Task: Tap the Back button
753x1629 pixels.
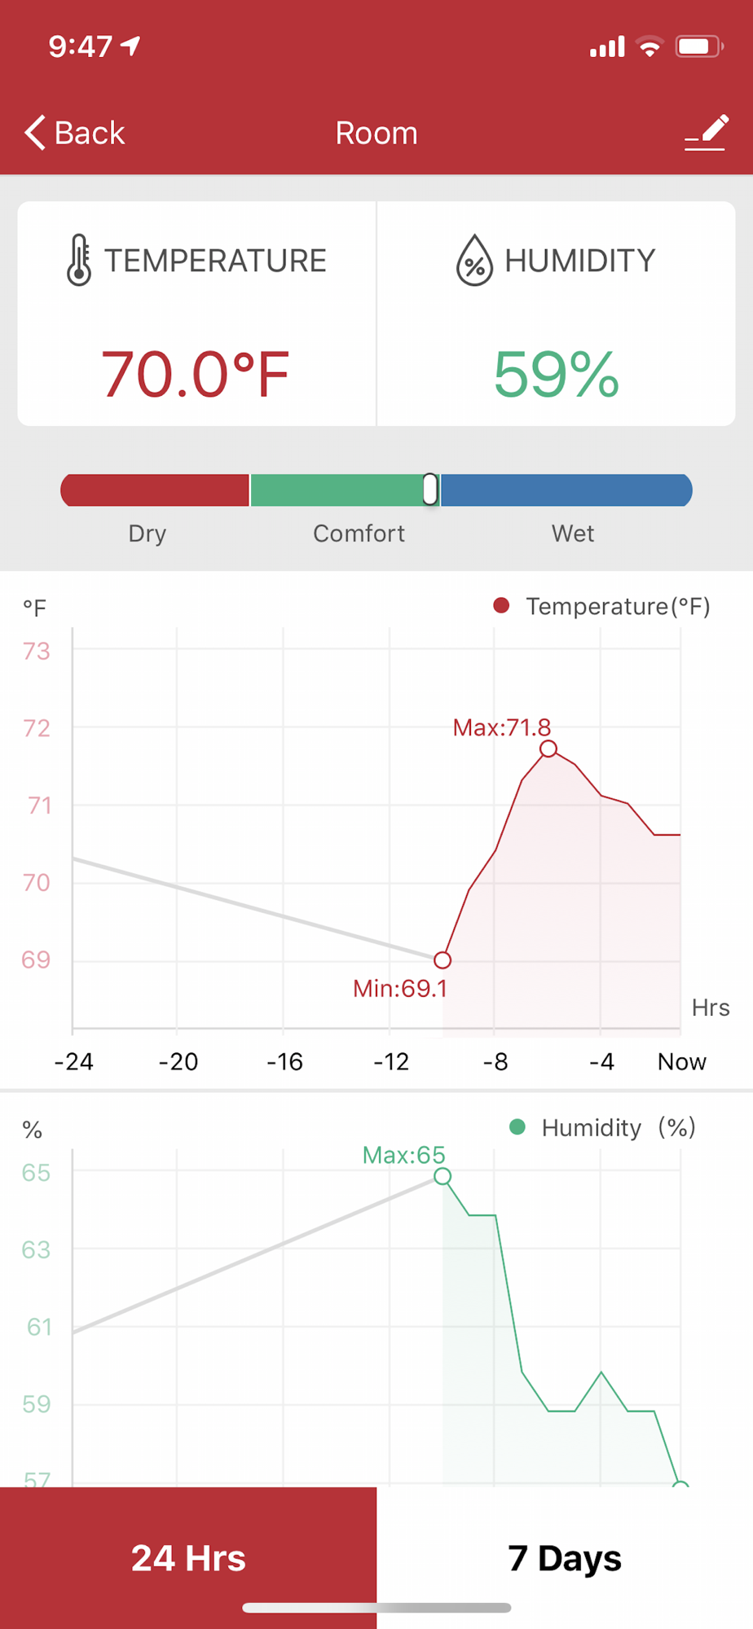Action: pyautogui.click(x=75, y=133)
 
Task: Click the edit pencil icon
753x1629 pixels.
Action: pyautogui.click(x=706, y=132)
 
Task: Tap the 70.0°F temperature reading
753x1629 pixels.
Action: pyautogui.click(x=195, y=375)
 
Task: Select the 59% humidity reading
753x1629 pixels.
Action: pyautogui.click(x=557, y=375)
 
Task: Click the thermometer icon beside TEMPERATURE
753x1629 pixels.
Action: pyautogui.click(x=79, y=260)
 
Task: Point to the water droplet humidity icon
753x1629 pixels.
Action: pyautogui.click(x=474, y=261)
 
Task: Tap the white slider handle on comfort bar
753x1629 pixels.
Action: pyautogui.click(x=430, y=490)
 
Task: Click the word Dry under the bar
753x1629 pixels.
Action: pyautogui.click(x=148, y=533)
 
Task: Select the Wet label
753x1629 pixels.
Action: pyautogui.click(x=573, y=533)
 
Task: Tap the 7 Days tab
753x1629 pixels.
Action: pyautogui.click(x=564, y=1558)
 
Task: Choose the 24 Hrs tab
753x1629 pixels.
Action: pyautogui.click(x=188, y=1558)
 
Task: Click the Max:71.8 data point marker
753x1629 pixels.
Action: pyautogui.click(x=548, y=749)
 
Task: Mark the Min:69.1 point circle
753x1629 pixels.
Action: pyautogui.click(x=443, y=960)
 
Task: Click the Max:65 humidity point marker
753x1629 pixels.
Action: pyautogui.click(x=443, y=1176)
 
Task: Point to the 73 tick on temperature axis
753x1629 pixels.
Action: pyautogui.click(x=37, y=652)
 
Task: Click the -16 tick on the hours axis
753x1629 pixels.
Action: pyautogui.click(x=284, y=1062)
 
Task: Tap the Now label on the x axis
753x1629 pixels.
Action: pyautogui.click(x=681, y=1062)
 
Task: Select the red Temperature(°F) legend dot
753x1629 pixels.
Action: pyautogui.click(x=501, y=605)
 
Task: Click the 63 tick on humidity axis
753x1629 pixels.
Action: pyautogui.click(x=36, y=1249)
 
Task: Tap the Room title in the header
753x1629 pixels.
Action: pyautogui.click(x=376, y=133)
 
